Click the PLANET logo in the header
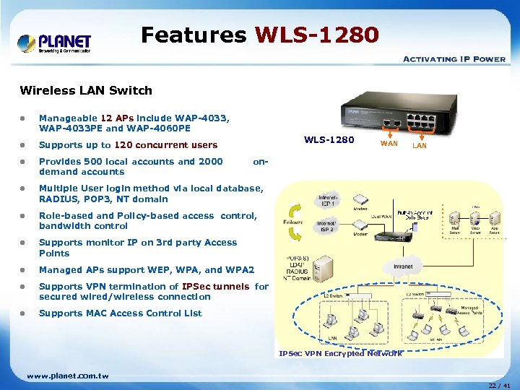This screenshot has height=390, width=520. click(54, 43)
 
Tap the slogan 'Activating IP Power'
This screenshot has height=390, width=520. click(454, 59)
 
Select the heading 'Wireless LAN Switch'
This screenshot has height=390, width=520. click(86, 90)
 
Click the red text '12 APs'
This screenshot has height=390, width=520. click(116, 118)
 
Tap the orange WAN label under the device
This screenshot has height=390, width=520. click(389, 145)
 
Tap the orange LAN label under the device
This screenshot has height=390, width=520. click(419, 146)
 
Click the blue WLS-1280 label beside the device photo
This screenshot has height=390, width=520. click(329, 139)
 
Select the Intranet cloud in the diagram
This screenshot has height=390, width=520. click(403, 266)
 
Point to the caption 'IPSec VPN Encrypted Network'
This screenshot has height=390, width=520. click(340, 353)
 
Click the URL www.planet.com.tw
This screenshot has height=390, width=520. click(68, 376)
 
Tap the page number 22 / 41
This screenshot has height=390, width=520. click(498, 386)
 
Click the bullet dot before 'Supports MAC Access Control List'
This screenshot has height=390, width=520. click(24, 314)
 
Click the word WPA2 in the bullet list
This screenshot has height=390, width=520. click(240, 270)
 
